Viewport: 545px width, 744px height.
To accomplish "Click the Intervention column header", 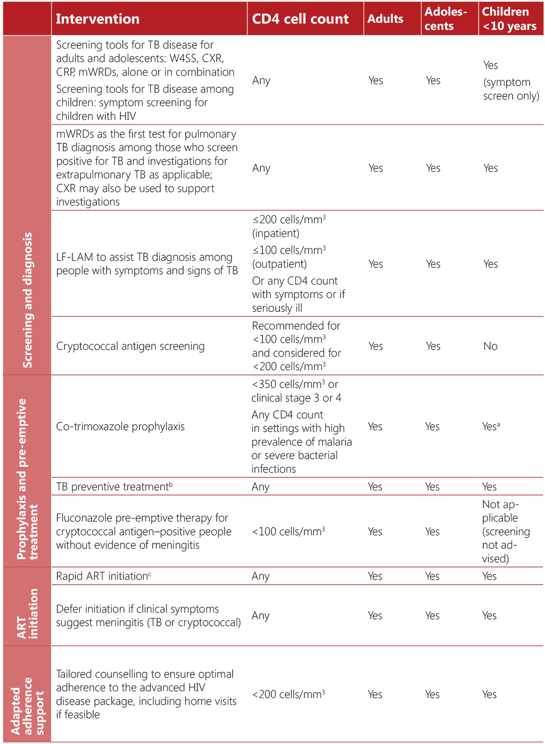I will pyautogui.click(x=97, y=19).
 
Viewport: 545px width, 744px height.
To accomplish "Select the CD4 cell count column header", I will pyautogui.click(x=300, y=19).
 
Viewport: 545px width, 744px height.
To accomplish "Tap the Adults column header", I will pyautogui.click(x=385, y=19).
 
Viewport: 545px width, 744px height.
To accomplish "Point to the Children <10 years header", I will pyautogui.click(x=509, y=19).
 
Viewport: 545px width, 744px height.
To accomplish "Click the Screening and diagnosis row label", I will pyautogui.click(x=27, y=300).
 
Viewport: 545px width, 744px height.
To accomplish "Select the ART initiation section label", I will pyautogui.click(x=27, y=613).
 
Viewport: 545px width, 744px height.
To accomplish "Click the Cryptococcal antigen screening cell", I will pyautogui.click(x=130, y=346).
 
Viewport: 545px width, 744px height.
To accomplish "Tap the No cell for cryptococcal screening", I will pyautogui.click(x=490, y=346).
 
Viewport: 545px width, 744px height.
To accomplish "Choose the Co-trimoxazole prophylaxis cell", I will pyautogui.click(x=120, y=427).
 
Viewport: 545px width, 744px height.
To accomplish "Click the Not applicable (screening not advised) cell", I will pyautogui.click(x=506, y=531).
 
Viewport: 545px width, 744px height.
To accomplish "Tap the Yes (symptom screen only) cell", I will pyautogui.click(x=510, y=81).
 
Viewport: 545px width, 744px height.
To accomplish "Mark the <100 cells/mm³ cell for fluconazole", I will pyautogui.click(x=288, y=531).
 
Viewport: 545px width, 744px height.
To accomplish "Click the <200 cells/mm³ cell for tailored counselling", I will pyautogui.click(x=288, y=694).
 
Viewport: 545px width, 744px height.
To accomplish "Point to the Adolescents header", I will pyautogui.click(x=445, y=19).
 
